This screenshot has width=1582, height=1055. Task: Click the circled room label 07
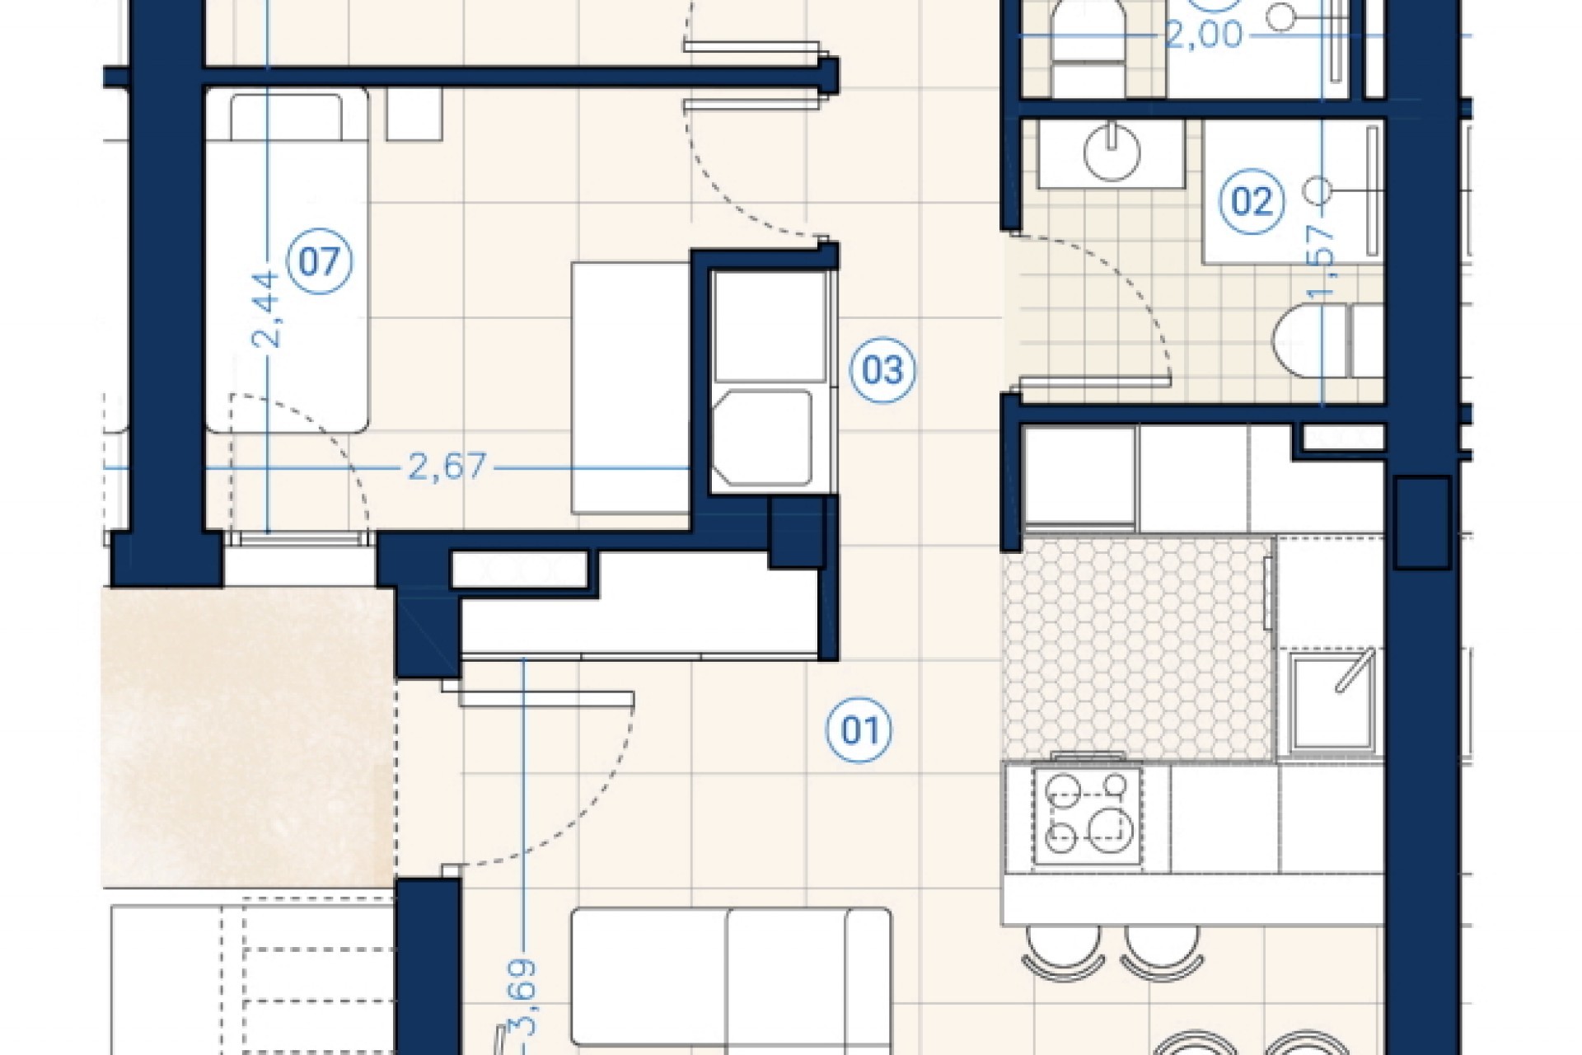tap(319, 262)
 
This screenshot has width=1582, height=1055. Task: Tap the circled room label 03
tap(882, 370)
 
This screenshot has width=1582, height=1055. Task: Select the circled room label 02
tap(1252, 201)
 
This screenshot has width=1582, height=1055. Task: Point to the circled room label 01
tap(859, 730)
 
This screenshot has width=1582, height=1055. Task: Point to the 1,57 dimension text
tap(1324, 264)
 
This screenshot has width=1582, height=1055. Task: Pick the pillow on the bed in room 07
tap(286, 116)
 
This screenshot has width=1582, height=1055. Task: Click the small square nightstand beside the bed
tap(414, 114)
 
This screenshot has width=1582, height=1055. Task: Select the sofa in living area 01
tap(730, 981)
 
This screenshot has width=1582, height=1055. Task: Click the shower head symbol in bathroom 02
tap(1318, 191)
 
